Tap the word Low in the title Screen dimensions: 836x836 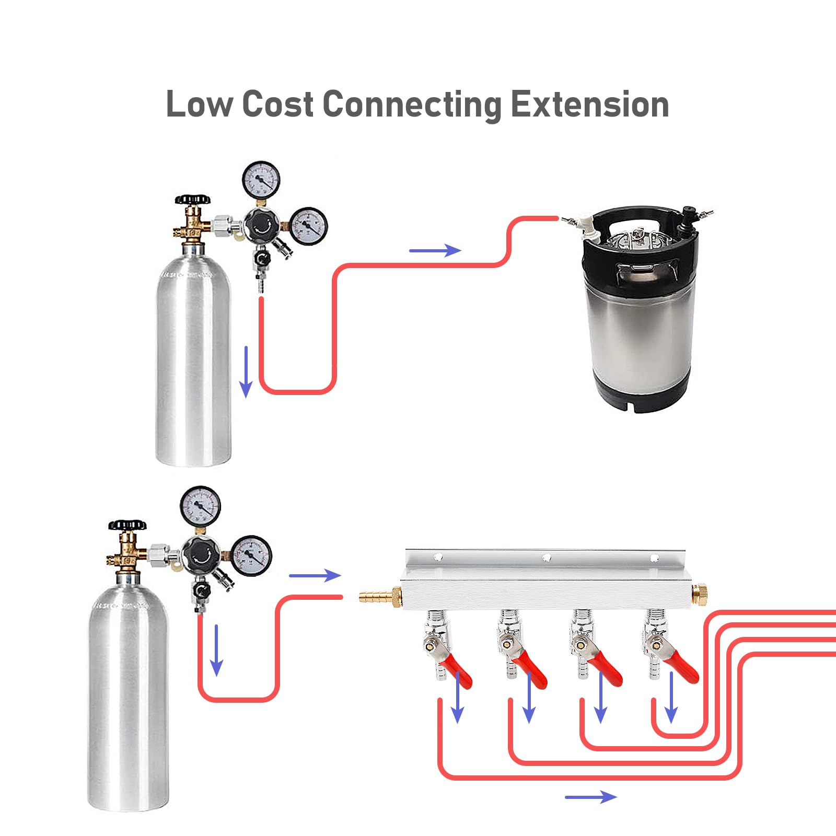[199, 104]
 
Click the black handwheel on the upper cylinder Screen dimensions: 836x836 [192, 200]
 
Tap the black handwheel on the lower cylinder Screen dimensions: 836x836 [127, 525]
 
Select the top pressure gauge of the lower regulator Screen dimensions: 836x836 [200, 505]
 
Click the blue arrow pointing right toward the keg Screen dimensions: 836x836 [435, 251]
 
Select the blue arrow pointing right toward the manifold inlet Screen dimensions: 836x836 [315, 576]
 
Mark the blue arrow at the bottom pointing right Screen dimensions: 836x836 [590, 797]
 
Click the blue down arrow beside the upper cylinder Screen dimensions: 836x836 [246, 371]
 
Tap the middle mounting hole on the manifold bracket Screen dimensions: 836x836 [547, 558]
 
